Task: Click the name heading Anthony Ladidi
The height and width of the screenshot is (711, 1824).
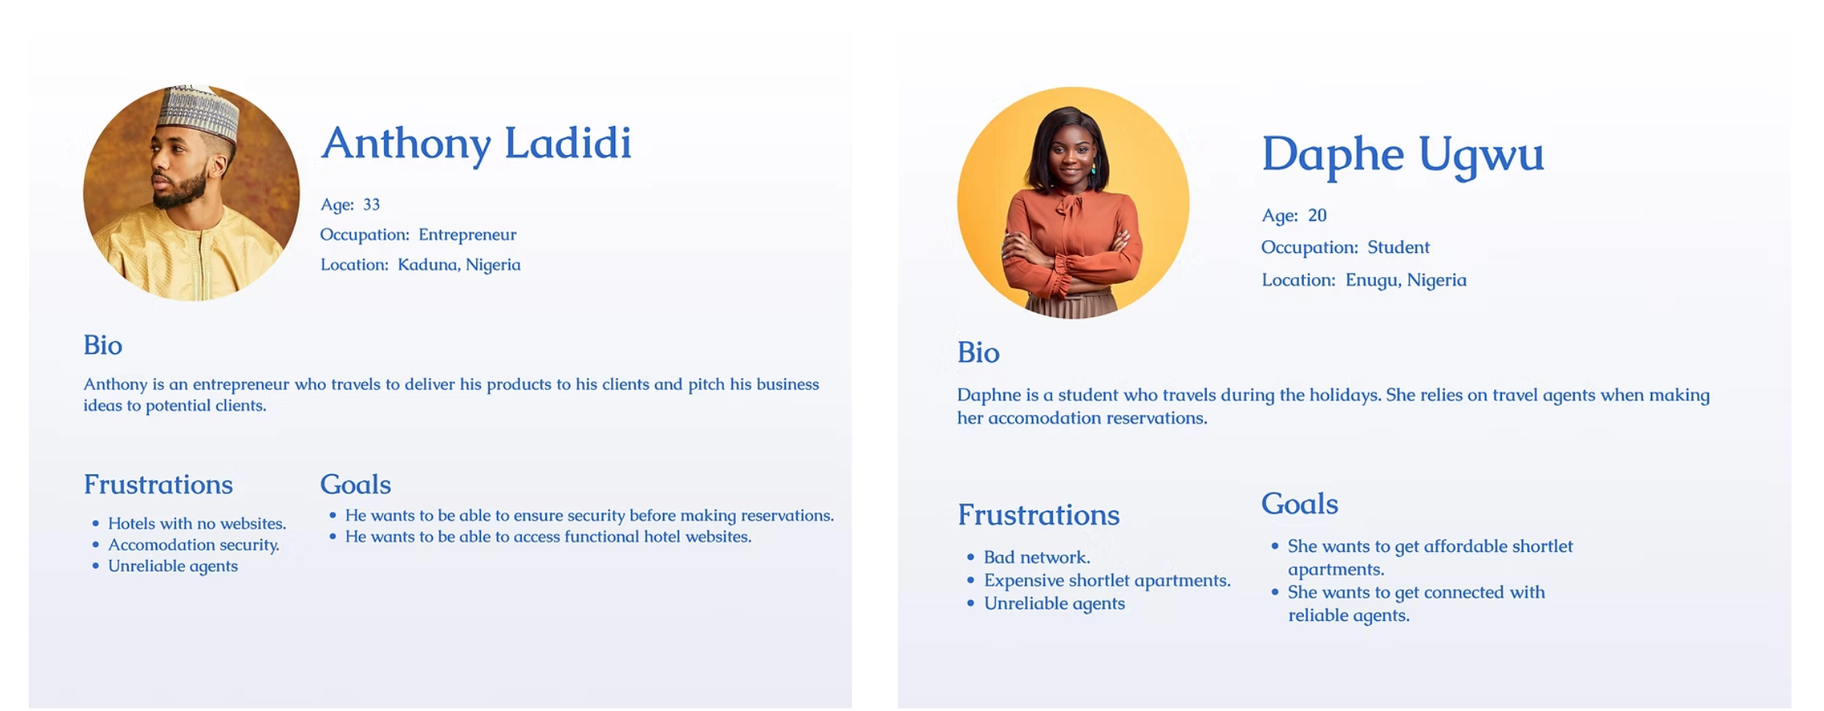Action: click(476, 143)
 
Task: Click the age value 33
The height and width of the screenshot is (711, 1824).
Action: click(371, 204)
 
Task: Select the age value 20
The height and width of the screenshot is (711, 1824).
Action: click(1317, 215)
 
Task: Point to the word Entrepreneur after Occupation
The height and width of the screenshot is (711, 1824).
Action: click(467, 235)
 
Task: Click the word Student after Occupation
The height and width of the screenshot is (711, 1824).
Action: click(1399, 247)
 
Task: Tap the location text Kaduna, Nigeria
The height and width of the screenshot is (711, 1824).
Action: click(459, 265)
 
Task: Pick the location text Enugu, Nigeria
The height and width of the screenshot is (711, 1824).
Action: click(1406, 280)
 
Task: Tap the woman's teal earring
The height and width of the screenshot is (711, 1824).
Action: click(1093, 168)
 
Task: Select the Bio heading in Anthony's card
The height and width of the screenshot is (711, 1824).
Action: click(103, 345)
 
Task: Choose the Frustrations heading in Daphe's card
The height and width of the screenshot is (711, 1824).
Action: click(1038, 515)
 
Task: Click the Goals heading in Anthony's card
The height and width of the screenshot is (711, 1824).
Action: click(355, 485)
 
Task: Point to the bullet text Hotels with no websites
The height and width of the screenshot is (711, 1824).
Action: click(197, 523)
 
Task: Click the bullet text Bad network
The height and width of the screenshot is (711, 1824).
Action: click(1037, 558)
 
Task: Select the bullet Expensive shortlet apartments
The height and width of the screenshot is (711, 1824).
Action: click(1107, 580)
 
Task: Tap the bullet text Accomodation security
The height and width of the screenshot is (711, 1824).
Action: click(194, 545)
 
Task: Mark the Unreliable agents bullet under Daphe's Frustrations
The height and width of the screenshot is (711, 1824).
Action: click(1054, 604)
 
